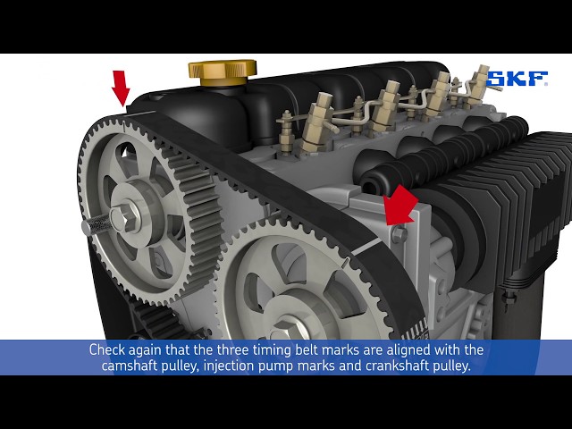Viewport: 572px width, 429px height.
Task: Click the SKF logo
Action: click(517, 79)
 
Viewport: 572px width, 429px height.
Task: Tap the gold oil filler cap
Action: click(223, 72)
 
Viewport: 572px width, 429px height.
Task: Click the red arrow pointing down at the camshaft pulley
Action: click(122, 88)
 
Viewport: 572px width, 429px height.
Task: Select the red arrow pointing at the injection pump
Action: click(400, 206)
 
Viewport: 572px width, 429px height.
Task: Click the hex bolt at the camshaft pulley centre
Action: click(125, 216)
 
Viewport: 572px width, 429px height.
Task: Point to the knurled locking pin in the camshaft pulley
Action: click(96, 224)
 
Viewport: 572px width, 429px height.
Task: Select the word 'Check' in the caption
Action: click(107, 349)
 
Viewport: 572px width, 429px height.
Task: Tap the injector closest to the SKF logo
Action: click(479, 84)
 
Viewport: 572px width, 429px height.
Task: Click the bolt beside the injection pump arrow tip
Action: click(400, 233)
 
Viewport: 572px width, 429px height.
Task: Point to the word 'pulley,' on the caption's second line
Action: click(181, 366)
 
